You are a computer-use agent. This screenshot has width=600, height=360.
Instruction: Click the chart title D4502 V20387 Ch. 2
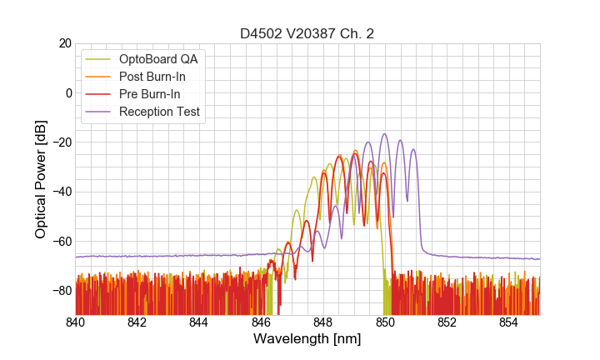[x=307, y=34]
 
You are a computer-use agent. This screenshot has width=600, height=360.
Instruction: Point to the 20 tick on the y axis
[x=64, y=43]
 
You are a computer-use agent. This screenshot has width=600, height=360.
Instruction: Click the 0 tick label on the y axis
[x=67, y=92]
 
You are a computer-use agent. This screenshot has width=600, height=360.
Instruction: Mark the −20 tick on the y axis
[x=61, y=142]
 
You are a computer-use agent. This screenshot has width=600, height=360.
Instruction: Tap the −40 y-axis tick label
[x=61, y=192]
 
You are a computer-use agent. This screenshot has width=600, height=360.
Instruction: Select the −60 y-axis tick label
[x=61, y=241]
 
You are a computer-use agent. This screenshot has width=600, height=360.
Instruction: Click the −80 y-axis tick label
[x=61, y=290]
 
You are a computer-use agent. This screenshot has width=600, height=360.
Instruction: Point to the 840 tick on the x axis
[x=76, y=322]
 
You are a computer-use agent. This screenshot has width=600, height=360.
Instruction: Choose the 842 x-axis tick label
[x=137, y=322]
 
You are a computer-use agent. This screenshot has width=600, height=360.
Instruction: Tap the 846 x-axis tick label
[x=262, y=322]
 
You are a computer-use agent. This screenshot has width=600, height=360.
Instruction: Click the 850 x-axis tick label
[x=385, y=322]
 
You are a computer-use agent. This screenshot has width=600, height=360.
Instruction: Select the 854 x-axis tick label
[x=508, y=322]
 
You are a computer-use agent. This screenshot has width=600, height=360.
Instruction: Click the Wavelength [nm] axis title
[x=307, y=340]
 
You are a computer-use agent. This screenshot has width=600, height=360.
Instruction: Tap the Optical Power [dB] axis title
[x=41, y=179]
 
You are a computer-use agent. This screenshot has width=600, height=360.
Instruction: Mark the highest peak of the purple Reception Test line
[x=385, y=134]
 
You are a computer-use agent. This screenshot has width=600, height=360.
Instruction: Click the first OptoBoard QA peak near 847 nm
[x=297, y=210]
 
